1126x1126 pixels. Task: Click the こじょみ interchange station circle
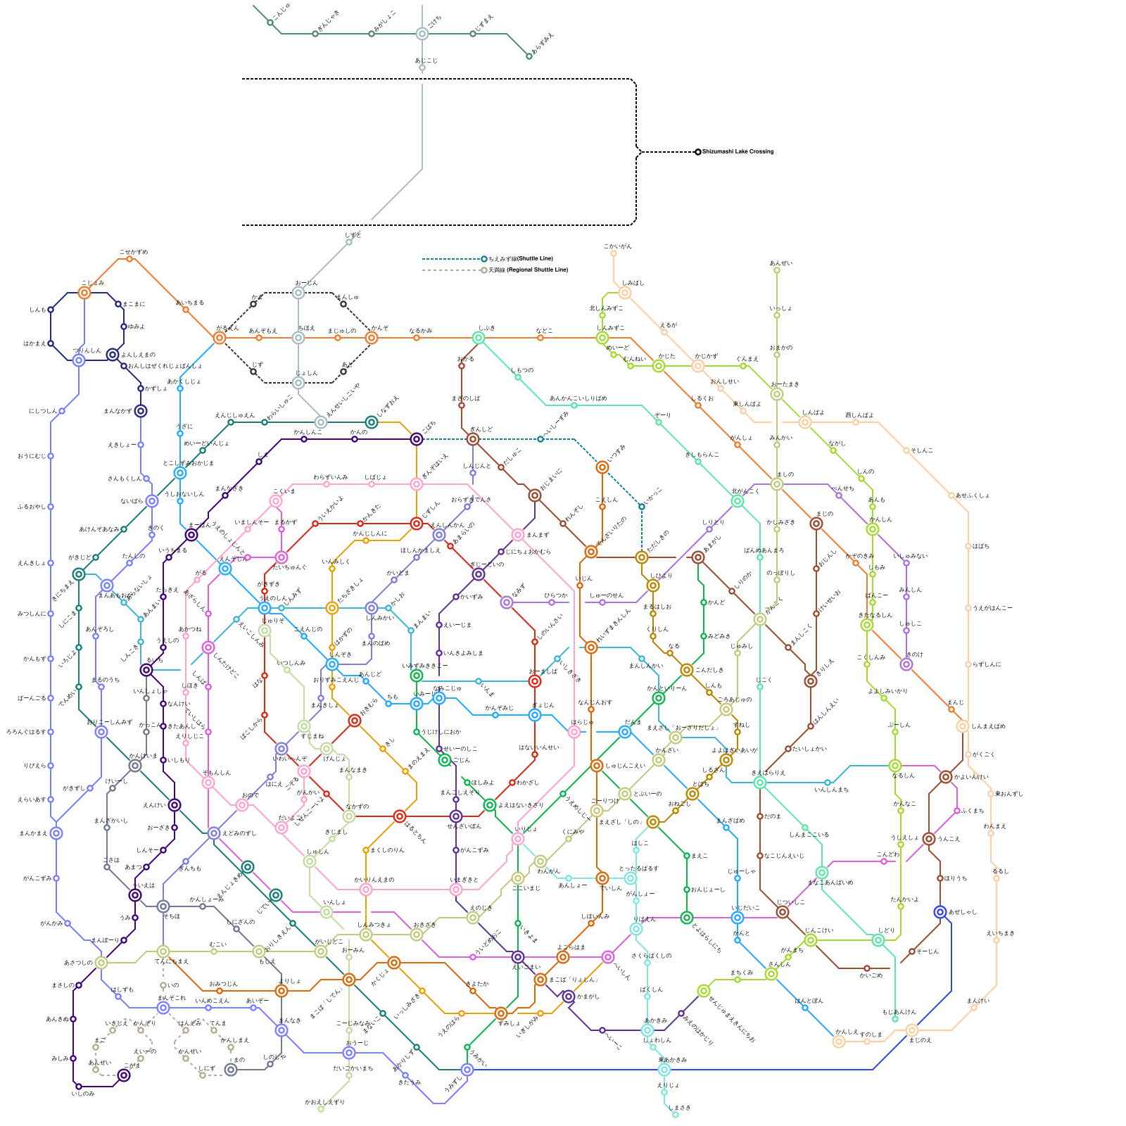coord(84,293)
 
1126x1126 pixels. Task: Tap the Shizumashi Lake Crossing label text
coord(738,152)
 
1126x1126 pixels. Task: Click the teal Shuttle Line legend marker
coord(484,259)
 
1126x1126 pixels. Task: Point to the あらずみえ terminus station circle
coord(529,56)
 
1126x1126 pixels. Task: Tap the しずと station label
coord(353,236)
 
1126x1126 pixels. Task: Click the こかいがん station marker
coord(614,253)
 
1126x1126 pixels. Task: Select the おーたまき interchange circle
coord(777,394)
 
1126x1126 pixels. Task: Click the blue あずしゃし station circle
coord(940,912)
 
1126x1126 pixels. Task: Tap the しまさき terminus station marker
coord(676,1115)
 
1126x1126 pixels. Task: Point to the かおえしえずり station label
coord(325,1102)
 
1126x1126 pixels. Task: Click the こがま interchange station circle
coord(124,1075)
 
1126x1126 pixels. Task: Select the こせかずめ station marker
coord(129,259)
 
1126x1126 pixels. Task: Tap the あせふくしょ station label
coord(972,495)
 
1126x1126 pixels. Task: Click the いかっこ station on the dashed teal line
coord(642,507)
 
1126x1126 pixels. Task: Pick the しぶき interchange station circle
coord(479,338)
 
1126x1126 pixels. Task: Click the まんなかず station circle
coord(141,411)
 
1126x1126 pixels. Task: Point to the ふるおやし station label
coord(32,507)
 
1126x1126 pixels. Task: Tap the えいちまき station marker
coord(997,940)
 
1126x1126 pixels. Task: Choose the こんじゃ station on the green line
coord(270,23)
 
